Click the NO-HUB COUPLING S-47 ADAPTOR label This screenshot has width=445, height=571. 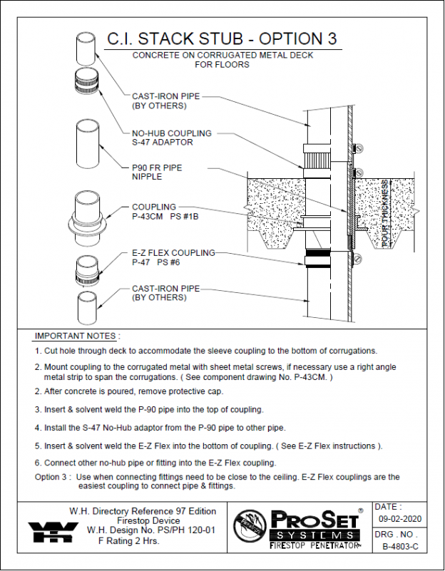163,138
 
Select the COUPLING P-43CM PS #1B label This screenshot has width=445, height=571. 163,212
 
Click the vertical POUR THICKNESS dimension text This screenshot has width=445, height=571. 386,215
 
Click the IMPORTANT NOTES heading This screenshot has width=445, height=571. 78,336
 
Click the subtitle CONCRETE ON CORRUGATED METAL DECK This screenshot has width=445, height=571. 222,56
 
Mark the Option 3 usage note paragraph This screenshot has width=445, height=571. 218,482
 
